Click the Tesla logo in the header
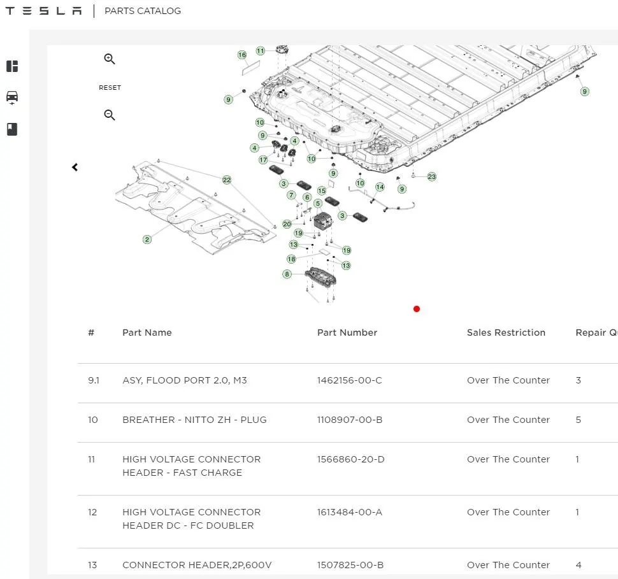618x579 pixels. coord(43,11)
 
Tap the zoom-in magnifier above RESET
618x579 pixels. coord(109,59)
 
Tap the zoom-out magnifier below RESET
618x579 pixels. coord(109,115)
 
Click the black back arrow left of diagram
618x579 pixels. coord(75,167)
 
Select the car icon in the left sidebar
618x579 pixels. coord(12,97)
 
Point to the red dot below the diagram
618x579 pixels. coord(417,309)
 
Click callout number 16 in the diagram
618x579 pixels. coord(242,55)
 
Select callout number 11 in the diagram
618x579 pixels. coord(261,51)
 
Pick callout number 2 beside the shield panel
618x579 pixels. coord(147,239)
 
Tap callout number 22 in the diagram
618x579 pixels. coord(227,180)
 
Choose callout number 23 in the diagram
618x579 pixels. coord(432,176)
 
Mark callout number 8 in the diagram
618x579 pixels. coord(287,274)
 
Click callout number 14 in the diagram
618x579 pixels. coord(380,187)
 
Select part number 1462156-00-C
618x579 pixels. coord(350,380)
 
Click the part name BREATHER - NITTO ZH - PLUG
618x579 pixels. coord(194,420)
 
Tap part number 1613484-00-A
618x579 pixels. coord(350,512)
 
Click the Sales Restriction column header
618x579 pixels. coord(506,332)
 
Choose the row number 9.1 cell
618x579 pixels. coord(94,380)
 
